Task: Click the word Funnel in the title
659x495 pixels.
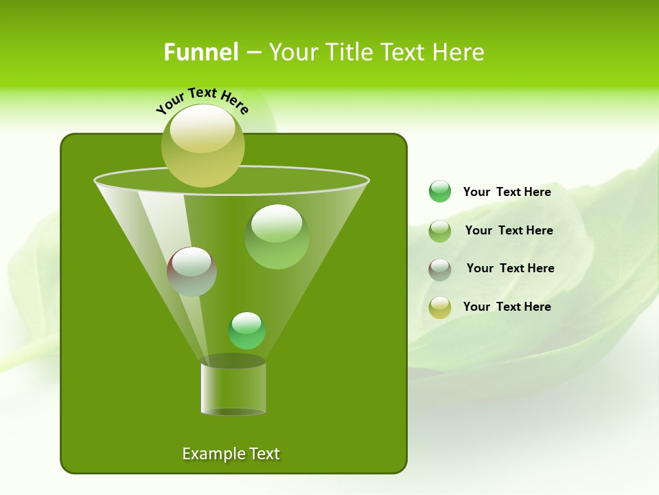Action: pyautogui.click(x=200, y=52)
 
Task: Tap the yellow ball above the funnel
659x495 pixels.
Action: pyautogui.click(x=203, y=146)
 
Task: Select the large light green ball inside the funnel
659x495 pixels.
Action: pyautogui.click(x=277, y=237)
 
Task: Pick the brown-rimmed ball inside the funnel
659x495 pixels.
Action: pyautogui.click(x=192, y=272)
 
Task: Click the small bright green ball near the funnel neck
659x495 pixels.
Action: pyautogui.click(x=246, y=331)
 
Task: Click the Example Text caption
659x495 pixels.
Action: pyautogui.click(x=231, y=454)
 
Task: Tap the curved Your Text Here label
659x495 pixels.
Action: pyautogui.click(x=203, y=100)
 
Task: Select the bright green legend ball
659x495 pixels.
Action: pyautogui.click(x=439, y=192)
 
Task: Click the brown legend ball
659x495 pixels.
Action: pyautogui.click(x=439, y=269)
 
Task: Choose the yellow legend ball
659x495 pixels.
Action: pyautogui.click(x=439, y=307)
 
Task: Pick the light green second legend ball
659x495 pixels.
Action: pyautogui.click(x=439, y=230)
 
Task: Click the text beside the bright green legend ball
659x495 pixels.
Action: pyautogui.click(x=507, y=192)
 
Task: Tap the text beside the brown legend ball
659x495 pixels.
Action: pyautogui.click(x=510, y=268)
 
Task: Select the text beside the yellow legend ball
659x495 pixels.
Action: pyautogui.click(x=507, y=307)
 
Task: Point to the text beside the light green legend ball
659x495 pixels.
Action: pyautogui.click(x=509, y=230)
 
